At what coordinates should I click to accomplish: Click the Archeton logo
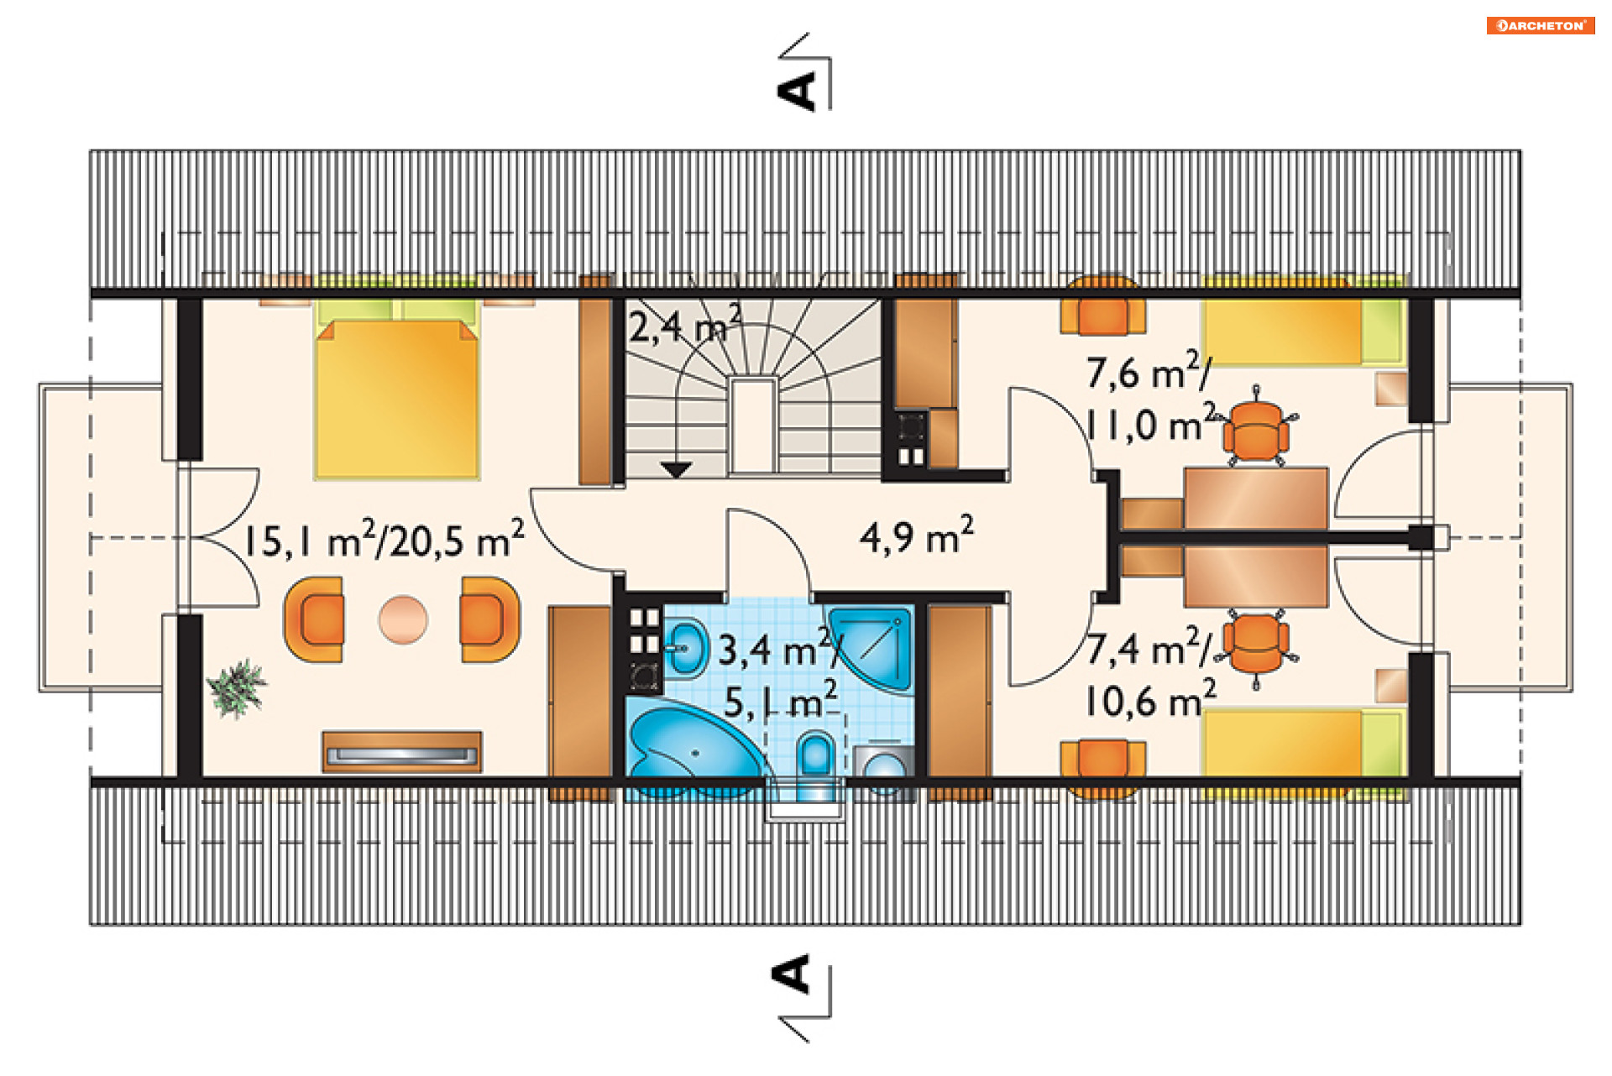pos(1540,25)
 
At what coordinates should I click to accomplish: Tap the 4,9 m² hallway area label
pos(916,535)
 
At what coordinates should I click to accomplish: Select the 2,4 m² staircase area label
pos(685,325)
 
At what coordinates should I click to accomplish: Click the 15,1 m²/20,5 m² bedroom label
pos(384,539)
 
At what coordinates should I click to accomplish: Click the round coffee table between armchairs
pos(403,619)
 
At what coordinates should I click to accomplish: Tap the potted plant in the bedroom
pos(238,689)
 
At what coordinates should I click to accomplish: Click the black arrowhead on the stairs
pos(676,470)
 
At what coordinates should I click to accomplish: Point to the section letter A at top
pos(797,91)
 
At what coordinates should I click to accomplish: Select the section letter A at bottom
pos(790,974)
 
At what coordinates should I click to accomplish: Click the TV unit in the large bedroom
pos(402,752)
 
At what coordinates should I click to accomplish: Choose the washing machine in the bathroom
pos(884,769)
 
